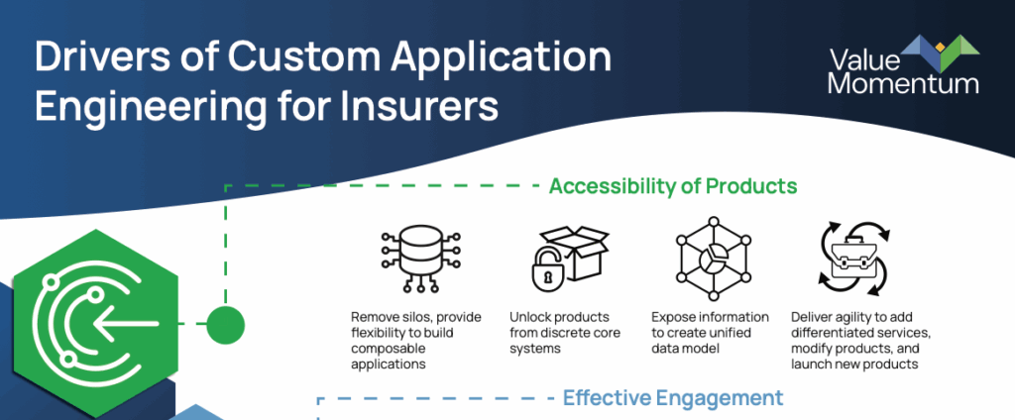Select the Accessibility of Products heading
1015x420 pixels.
(673, 186)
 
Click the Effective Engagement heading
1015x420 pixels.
(673, 397)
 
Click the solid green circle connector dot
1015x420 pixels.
(225, 324)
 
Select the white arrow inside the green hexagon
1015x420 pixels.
(125, 323)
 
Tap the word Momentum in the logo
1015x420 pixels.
(904, 83)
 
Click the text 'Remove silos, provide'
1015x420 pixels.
(416, 317)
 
